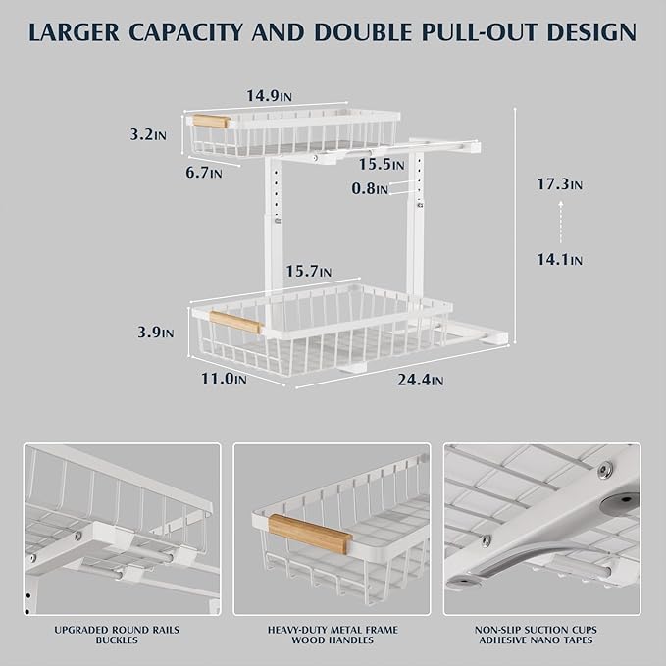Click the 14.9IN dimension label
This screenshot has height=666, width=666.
[270, 96]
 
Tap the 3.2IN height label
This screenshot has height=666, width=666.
[148, 134]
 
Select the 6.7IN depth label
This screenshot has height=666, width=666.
[204, 173]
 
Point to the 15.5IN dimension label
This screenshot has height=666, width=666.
[382, 164]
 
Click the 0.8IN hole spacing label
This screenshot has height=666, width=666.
[370, 188]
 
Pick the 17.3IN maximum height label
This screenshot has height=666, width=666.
[559, 184]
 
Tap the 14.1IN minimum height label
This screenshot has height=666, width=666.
[559, 259]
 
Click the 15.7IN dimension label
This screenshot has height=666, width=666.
[308, 271]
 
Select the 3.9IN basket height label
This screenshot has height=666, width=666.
[155, 332]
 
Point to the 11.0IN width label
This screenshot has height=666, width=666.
[224, 378]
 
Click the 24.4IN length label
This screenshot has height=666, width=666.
[421, 380]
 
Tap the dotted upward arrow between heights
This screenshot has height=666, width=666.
[561, 222]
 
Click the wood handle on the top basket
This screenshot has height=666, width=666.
[211, 122]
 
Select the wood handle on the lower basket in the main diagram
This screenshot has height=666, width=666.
[235, 323]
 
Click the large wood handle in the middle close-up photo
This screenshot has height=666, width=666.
[310, 535]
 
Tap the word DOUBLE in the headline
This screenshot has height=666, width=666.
[363, 32]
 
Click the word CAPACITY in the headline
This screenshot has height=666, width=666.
[185, 32]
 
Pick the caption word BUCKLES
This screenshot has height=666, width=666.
[117, 640]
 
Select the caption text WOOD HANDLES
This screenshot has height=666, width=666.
[333, 640]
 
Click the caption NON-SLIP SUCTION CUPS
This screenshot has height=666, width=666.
[536, 630]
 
